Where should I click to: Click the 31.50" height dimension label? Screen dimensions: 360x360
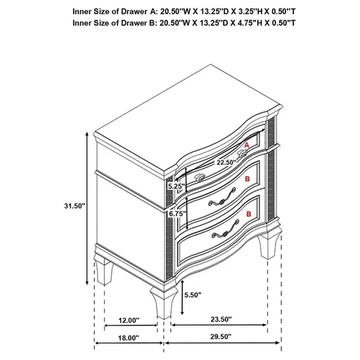[x=73, y=206]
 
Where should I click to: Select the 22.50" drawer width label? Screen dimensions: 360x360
[x=205, y=162]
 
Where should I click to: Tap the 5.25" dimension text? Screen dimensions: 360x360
[x=175, y=187]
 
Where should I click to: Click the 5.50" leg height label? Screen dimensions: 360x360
[x=194, y=296]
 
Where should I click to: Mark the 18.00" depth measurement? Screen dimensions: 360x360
[x=129, y=338]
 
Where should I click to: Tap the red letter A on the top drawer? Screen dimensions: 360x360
[x=246, y=146]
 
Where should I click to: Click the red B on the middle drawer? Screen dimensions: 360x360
[x=246, y=179]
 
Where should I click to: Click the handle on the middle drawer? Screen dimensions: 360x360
[x=215, y=200]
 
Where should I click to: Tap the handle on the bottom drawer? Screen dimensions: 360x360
[x=222, y=233]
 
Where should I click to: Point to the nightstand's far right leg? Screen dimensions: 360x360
[x=269, y=250]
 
